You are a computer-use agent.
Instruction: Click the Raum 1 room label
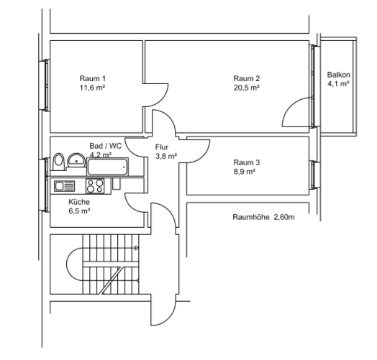click(93, 78)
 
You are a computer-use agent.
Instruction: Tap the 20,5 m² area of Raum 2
click(246, 88)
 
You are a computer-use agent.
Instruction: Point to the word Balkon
click(338, 75)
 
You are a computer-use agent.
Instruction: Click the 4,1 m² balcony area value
click(338, 84)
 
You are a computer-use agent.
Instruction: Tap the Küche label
click(79, 202)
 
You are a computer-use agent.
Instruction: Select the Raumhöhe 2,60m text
click(264, 217)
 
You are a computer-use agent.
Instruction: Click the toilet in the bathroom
click(59, 161)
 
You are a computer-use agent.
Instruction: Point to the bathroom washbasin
click(75, 159)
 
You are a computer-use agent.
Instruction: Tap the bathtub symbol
click(107, 167)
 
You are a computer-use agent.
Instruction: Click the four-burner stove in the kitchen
click(95, 185)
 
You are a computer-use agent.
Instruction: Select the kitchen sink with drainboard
click(65, 185)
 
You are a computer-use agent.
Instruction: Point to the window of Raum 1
click(47, 84)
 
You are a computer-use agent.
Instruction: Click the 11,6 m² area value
click(93, 88)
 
